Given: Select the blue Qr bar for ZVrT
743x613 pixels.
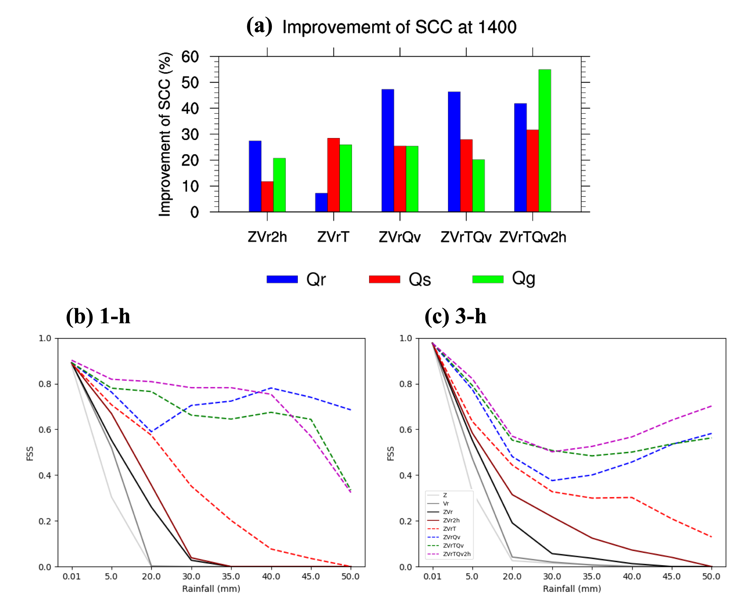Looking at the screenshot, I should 321,202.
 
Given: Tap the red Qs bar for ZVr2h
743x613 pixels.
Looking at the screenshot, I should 267,196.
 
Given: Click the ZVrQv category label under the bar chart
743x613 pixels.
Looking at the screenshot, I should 400,237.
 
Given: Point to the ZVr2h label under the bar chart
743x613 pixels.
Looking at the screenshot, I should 267,237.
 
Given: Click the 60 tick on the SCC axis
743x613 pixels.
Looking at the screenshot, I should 190,56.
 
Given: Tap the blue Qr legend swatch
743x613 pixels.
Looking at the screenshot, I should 282,279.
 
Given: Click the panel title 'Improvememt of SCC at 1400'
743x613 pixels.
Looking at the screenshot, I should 399,27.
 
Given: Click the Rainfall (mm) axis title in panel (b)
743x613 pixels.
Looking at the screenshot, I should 211,589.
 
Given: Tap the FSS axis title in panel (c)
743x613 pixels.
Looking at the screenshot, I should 390,454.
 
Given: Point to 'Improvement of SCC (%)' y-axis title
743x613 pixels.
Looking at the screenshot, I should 165,134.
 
